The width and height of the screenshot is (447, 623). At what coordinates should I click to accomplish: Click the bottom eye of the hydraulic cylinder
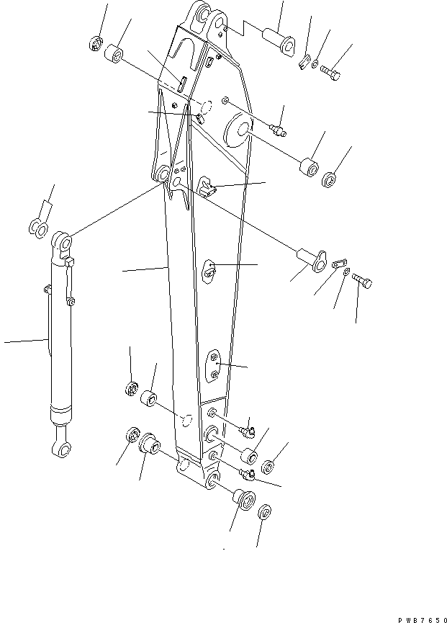tap(60, 450)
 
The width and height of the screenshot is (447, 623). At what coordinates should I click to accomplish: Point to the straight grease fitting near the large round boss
tap(279, 130)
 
